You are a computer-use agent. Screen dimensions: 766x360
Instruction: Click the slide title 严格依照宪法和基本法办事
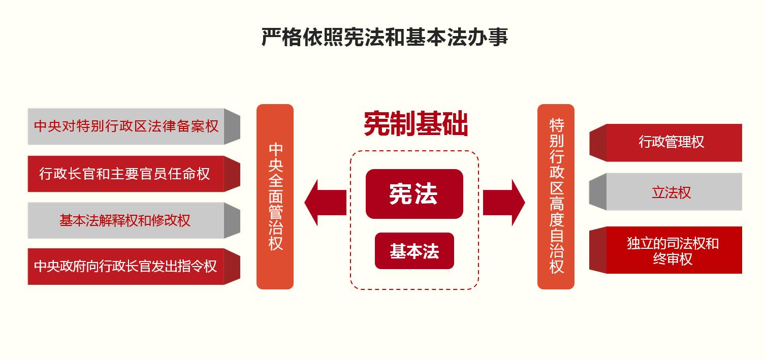pyautogui.click(x=385, y=37)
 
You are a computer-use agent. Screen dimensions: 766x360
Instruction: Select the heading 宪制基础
pyautogui.click(x=416, y=124)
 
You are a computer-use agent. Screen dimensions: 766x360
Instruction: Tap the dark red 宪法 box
pyautogui.click(x=414, y=194)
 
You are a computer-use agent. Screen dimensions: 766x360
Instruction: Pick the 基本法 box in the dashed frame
pyautogui.click(x=414, y=251)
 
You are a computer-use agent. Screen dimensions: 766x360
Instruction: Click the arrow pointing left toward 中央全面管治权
pyautogui.click(x=325, y=203)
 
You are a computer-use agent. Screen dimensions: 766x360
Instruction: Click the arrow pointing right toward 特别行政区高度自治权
pyautogui.click(x=504, y=203)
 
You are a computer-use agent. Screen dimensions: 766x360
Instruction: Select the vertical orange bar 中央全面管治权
pyautogui.click(x=275, y=197)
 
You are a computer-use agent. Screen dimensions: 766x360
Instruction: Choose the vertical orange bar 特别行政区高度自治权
pyautogui.click(x=556, y=197)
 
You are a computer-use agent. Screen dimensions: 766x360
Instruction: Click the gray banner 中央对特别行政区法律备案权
pyautogui.click(x=134, y=126)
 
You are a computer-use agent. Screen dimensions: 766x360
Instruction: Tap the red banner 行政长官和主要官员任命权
pyautogui.click(x=134, y=174)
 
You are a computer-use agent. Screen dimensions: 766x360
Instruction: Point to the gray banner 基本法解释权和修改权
pyautogui.click(x=134, y=220)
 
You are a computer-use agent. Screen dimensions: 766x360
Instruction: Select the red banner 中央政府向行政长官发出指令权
pyautogui.click(x=134, y=267)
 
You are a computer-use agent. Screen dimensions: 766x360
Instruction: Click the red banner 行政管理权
pyautogui.click(x=665, y=143)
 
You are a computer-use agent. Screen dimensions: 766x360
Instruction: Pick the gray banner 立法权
pyautogui.click(x=665, y=192)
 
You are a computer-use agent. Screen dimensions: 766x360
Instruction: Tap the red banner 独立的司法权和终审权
pyautogui.click(x=665, y=250)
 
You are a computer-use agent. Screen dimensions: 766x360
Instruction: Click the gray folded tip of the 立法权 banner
pyautogui.click(x=598, y=192)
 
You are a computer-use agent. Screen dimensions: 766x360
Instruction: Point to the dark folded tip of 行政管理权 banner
pyautogui.click(x=598, y=143)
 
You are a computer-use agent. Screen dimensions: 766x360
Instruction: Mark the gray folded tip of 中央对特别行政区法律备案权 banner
pyautogui.click(x=232, y=126)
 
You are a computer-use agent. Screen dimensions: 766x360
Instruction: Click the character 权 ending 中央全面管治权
pyautogui.click(x=276, y=243)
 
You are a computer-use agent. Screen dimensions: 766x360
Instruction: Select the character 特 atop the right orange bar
pyautogui.click(x=556, y=125)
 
